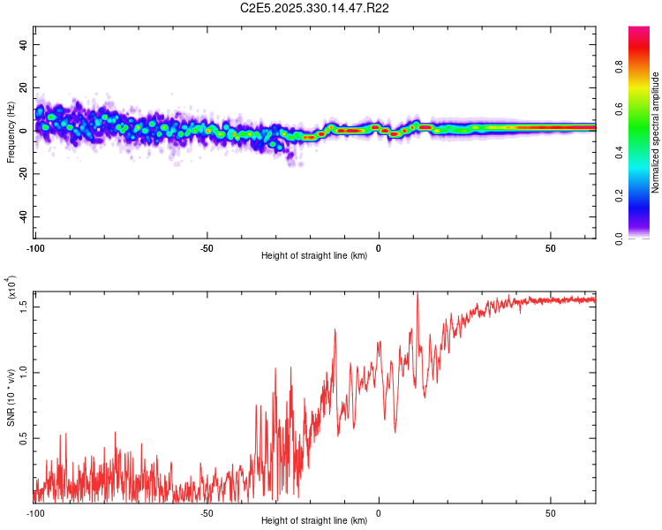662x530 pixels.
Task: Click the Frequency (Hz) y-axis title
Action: pos(11,132)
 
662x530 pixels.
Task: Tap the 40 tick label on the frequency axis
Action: pos(23,44)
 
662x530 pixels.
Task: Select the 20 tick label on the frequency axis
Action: pos(23,87)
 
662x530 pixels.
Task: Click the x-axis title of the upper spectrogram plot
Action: pos(314,255)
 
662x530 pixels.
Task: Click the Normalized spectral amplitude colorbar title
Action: pos(655,132)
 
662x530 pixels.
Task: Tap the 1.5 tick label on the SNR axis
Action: pos(23,306)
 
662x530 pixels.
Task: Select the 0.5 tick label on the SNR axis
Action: pos(23,437)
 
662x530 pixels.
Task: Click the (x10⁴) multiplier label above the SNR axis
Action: pos(11,287)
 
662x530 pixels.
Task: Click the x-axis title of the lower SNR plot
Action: pos(314,520)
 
